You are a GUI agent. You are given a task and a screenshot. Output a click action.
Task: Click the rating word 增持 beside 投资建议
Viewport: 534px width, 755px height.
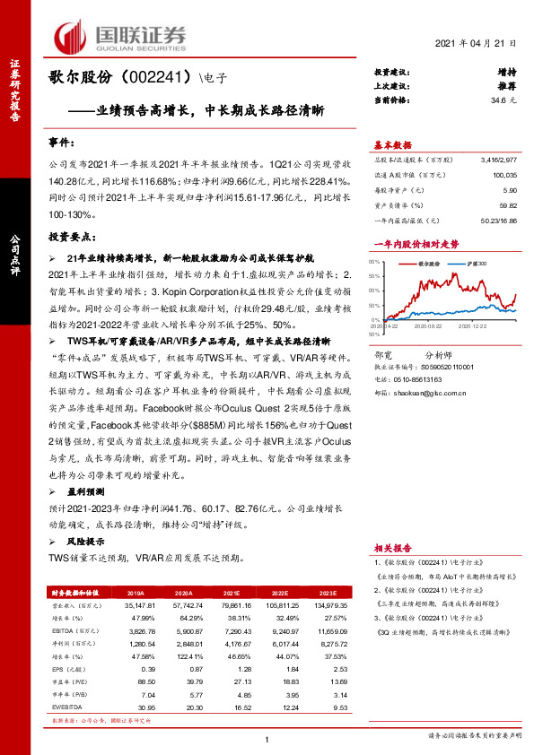506,72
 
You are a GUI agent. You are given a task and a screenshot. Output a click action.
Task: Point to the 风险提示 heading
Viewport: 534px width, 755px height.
86,542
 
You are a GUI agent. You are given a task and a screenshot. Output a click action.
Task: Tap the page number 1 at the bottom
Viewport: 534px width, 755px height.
267,739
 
